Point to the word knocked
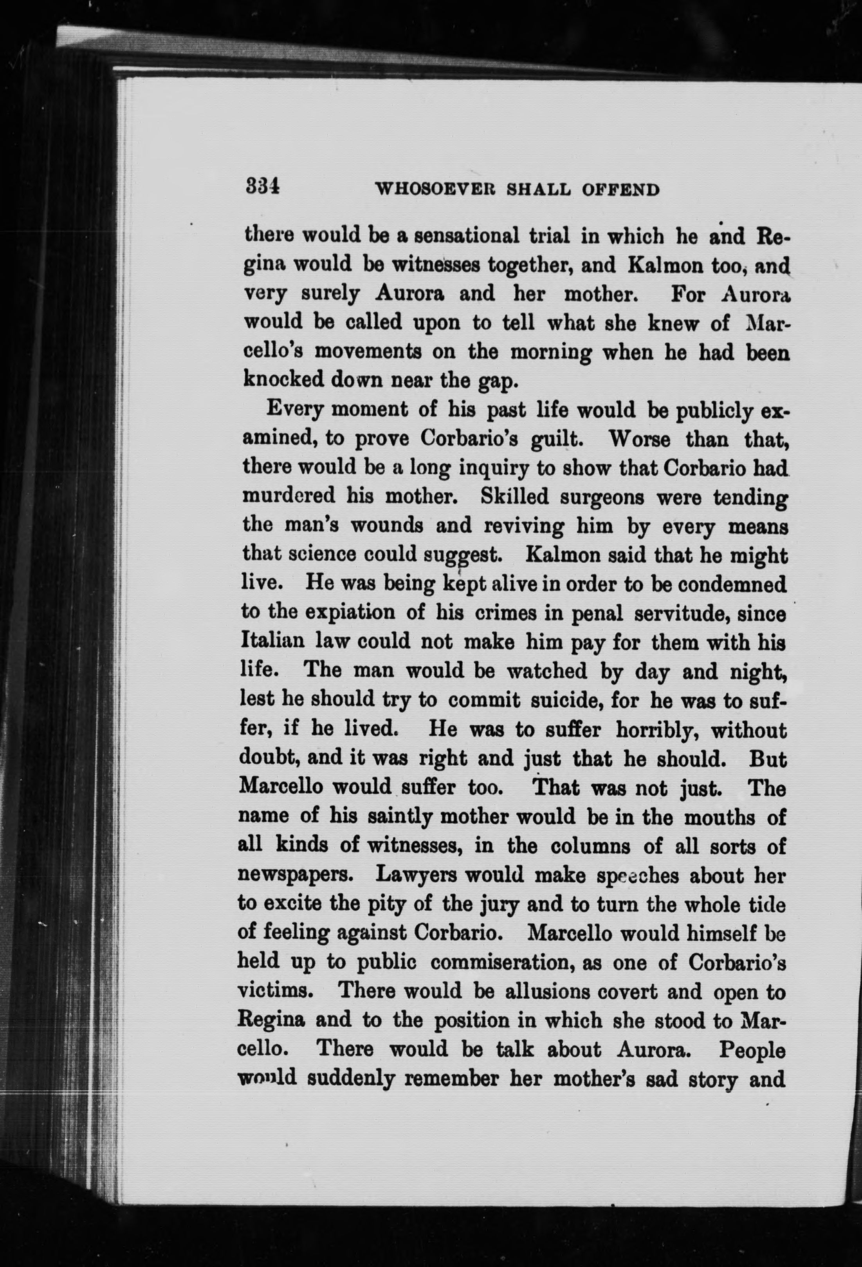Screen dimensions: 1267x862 (282, 379)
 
